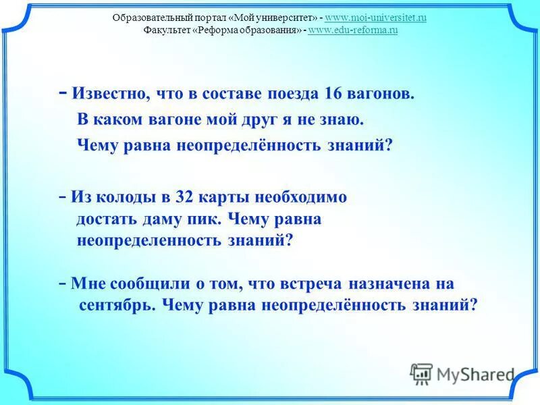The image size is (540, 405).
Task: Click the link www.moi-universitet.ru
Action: [376, 18]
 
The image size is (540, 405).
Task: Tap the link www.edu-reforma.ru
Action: [352, 30]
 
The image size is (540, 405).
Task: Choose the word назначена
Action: [397, 282]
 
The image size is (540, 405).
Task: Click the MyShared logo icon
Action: [422, 373]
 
